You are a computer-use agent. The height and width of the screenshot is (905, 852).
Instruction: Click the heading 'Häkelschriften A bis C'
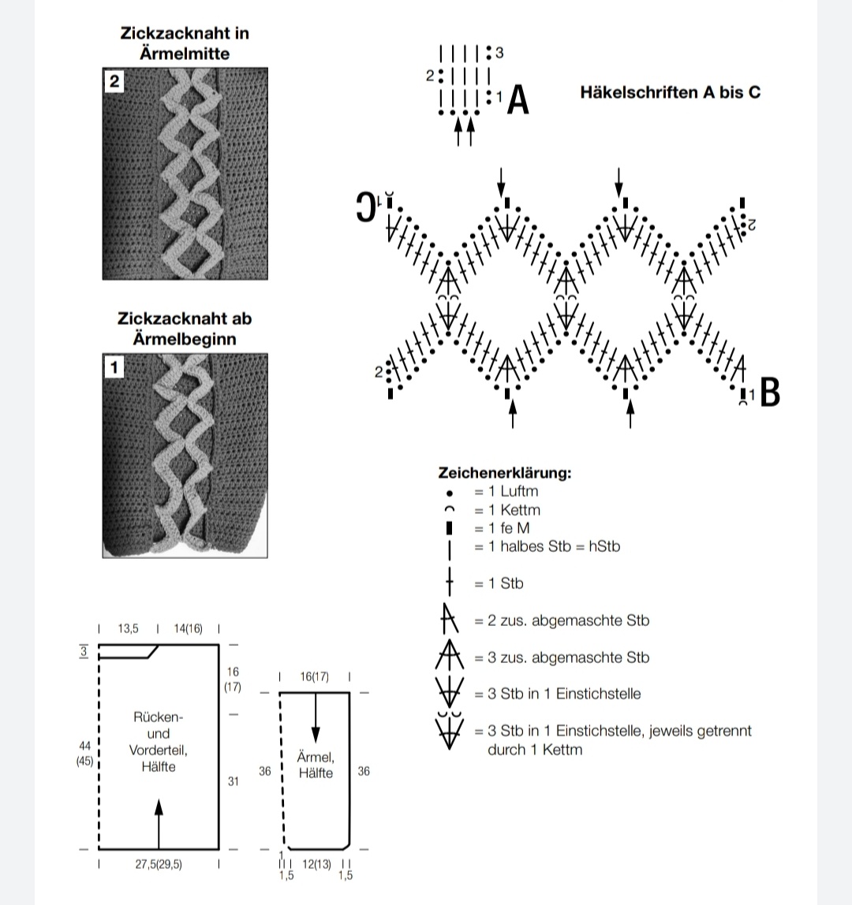pyautogui.click(x=670, y=92)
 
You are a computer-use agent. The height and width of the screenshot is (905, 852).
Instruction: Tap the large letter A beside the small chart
pyautogui.click(x=518, y=100)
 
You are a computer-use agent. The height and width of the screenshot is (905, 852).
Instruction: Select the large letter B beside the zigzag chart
pyautogui.click(x=770, y=393)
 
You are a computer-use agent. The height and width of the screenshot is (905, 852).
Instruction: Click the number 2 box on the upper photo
pyautogui.click(x=114, y=82)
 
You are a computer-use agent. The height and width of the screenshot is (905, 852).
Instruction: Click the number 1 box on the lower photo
pyautogui.click(x=114, y=367)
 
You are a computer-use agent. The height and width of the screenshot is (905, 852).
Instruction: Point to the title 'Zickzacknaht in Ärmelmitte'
pyautogui.click(x=185, y=43)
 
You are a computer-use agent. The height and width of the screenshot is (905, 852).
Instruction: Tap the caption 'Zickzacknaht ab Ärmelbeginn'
pyautogui.click(x=185, y=329)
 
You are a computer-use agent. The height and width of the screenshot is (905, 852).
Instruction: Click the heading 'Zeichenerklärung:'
pyautogui.click(x=504, y=473)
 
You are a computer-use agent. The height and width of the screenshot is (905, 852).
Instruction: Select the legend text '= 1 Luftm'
pyautogui.click(x=506, y=491)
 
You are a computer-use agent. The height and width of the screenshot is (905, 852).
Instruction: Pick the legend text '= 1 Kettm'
pyautogui.click(x=507, y=510)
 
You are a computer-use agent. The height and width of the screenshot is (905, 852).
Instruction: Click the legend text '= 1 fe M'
pyautogui.click(x=502, y=528)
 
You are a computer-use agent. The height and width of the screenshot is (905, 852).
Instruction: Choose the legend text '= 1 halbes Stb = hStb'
pyautogui.click(x=547, y=546)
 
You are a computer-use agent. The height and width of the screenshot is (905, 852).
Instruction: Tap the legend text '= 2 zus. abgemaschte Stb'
pyautogui.click(x=562, y=620)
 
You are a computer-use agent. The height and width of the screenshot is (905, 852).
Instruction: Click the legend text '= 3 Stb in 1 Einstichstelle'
pyautogui.click(x=557, y=694)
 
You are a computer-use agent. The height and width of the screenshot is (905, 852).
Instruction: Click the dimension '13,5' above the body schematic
pyautogui.click(x=128, y=628)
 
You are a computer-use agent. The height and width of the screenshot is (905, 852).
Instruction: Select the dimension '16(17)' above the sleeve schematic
pyautogui.click(x=315, y=676)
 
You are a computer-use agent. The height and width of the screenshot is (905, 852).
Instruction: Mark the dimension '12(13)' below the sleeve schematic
pyautogui.click(x=317, y=864)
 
